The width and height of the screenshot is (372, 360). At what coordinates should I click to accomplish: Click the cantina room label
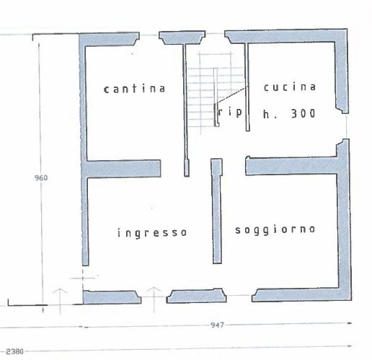(x=135, y=89)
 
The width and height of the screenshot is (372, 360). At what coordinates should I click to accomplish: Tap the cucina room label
(x=289, y=87)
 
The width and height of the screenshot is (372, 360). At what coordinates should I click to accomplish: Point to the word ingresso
(x=152, y=233)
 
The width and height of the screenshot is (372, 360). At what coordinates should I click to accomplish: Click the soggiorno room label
(x=275, y=229)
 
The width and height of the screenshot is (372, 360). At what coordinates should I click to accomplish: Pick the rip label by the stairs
(x=231, y=112)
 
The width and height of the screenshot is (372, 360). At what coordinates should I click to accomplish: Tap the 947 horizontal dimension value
(x=216, y=325)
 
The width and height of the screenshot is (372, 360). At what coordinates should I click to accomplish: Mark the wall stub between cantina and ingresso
(x=123, y=169)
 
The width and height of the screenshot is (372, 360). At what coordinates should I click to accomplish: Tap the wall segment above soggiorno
(x=292, y=165)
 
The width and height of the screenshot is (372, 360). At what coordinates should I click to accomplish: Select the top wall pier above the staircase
(x=180, y=36)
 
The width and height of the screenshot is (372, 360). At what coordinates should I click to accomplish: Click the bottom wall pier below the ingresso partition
(x=196, y=296)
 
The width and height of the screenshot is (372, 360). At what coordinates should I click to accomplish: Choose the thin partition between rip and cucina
(x=248, y=87)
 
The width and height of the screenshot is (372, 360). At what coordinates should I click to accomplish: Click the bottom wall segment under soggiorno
(x=299, y=294)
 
